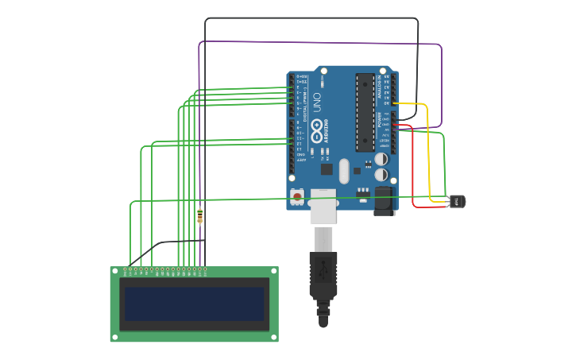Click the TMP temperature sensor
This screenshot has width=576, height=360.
(457, 201)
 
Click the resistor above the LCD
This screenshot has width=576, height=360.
(199, 215)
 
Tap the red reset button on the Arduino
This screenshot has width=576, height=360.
(296, 195)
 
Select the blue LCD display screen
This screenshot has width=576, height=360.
(194, 304)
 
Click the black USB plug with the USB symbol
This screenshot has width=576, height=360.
(323, 274)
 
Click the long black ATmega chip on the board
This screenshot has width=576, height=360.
(365, 112)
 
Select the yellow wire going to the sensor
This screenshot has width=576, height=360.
(429, 151)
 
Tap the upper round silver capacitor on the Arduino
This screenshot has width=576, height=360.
(382, 158)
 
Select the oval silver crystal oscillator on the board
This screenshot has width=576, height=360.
(343, 170)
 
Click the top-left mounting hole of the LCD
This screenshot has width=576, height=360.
(114, 271)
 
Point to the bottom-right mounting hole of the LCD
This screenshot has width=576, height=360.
(274, 338)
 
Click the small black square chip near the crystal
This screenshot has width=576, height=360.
(327, 168)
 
